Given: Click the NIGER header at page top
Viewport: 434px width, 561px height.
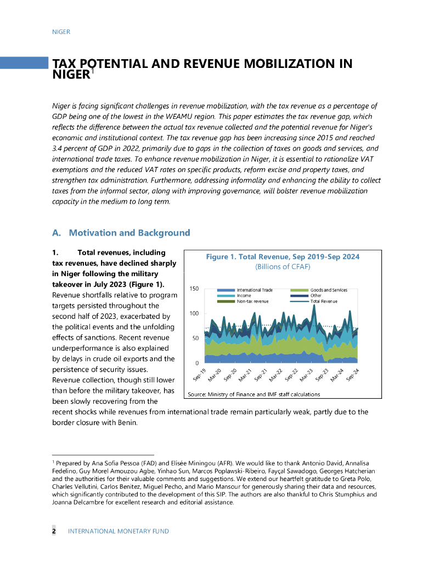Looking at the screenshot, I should (x=61, y=32).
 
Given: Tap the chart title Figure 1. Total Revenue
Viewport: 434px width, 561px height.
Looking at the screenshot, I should (x=283, y=256).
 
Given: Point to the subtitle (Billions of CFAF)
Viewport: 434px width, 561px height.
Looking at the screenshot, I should (x=283, y=267).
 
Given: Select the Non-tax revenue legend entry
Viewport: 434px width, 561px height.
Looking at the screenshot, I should (x=252, y=301).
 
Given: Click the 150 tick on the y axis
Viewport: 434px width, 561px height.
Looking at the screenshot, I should (x=194, y=289).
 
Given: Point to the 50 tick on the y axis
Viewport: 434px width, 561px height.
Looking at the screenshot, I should (x=195, y=339).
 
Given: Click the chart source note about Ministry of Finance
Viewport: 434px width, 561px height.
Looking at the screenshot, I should (x=253, y=394).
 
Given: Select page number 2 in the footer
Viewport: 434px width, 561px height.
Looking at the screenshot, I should (x=54, y=531).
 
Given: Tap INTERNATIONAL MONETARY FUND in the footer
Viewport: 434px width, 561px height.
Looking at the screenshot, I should (x=118, y=531).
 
